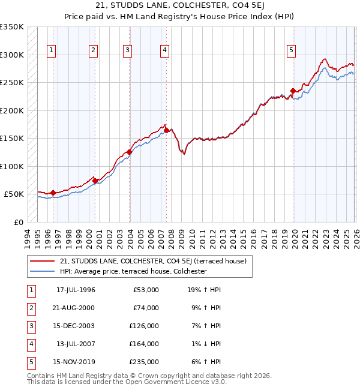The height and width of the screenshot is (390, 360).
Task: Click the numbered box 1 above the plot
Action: pyautogui.click(x=51, y=51)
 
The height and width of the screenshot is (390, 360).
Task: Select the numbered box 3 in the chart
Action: pyautogui.click(x=128, y=51)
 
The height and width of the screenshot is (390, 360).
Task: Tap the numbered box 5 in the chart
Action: pyautogui.click(x=291, y=51)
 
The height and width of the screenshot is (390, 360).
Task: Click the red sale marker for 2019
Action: pyautogui.click(x=293, y=91)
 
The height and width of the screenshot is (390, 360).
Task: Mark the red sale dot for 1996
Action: pyautogui.click(x=53, y=193)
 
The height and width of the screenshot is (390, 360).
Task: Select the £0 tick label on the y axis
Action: pyautogui.click(x=18, y=222)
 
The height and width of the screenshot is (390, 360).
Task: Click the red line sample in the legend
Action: pyautogui.click(x=42, y=261)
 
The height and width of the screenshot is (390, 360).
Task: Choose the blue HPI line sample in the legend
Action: pyautogui.click(x=42, y=271)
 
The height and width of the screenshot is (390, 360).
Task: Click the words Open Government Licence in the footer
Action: pyautogui.click(x=175, y=382)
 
